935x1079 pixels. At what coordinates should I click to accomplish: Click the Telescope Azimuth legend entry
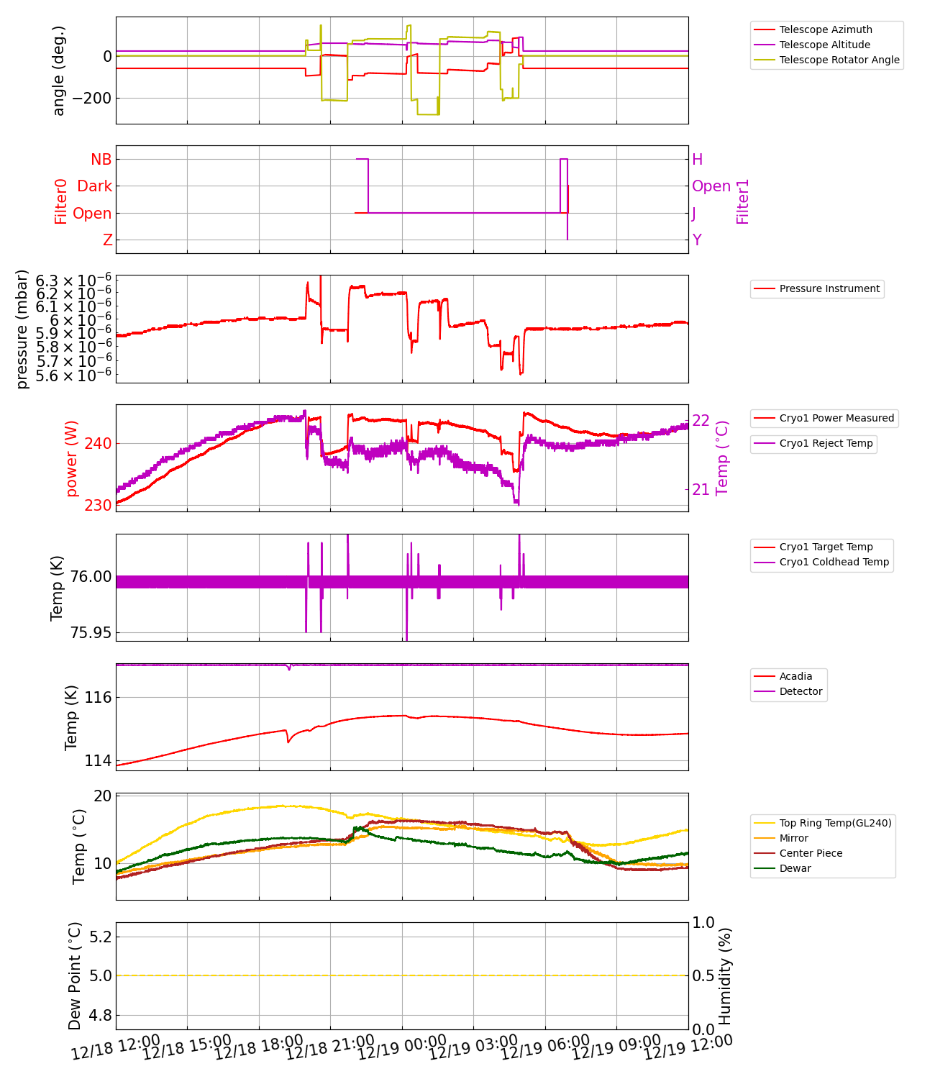click(x=825, y=29)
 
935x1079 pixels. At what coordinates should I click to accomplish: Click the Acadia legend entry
click(x=795, y=676)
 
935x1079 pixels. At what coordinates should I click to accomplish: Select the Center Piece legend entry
click(x=811, y=853)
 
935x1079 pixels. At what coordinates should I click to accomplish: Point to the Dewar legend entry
click(x=795, y=868)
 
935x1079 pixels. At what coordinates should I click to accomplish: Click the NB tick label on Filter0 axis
click(x=101, y=159)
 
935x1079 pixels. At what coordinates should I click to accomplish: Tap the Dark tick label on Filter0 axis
click(x=95, y=186)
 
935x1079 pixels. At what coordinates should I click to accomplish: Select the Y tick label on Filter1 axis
click(x=697, y=240)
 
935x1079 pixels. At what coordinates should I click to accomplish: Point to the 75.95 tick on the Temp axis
click(x=91, y=633)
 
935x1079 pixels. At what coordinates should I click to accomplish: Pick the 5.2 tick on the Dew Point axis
click(x=99, y=937)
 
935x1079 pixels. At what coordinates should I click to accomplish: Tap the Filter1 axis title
click(x=743, y=201)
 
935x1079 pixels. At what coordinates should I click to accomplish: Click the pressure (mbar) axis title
click(x=22, y=329)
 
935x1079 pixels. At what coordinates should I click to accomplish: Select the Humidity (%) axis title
click(x=725, y=976)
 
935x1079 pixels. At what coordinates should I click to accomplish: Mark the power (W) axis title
click(x=72, y=464)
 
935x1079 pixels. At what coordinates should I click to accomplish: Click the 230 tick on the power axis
click(x=98, y=505)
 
